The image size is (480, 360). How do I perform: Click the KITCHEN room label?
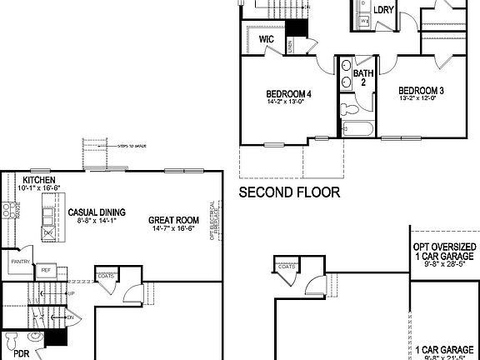coord(38,180)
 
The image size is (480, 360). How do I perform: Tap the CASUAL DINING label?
coord(97,212)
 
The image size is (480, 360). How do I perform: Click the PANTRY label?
coord(20,262)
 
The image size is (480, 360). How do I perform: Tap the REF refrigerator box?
coord(47,270)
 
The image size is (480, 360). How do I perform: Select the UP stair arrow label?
coord(71,293)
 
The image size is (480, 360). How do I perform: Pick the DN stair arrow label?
coord(71,317)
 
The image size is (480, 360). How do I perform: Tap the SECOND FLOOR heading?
coord(289,192)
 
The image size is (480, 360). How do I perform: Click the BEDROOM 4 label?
coord(289,93)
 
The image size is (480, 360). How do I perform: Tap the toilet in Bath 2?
coord(351,108)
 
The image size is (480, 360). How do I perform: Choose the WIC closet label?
coord(267,39)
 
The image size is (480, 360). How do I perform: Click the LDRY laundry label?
coord(383,11)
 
